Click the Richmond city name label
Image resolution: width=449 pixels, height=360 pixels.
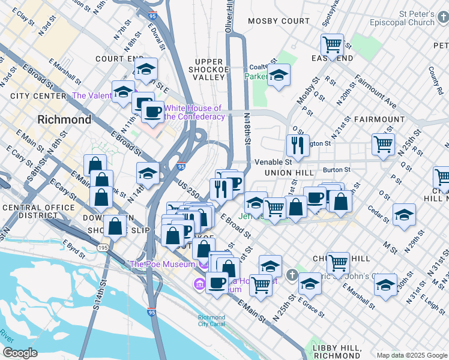[64, 119]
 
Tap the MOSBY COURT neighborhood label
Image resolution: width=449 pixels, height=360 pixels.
[279, 21]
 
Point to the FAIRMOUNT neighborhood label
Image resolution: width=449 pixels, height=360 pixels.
[379, 119]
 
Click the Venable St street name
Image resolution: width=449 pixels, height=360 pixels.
[273, 162]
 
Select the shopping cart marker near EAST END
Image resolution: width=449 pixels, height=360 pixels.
[332, 45]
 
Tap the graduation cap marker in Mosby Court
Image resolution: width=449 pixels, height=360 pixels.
[278, 76]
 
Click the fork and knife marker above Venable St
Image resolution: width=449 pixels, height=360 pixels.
[297, 145]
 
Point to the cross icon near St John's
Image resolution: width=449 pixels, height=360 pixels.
[292, 275]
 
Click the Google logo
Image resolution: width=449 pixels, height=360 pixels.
[20, 353]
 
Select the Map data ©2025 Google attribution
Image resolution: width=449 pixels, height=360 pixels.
[411, 355]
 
